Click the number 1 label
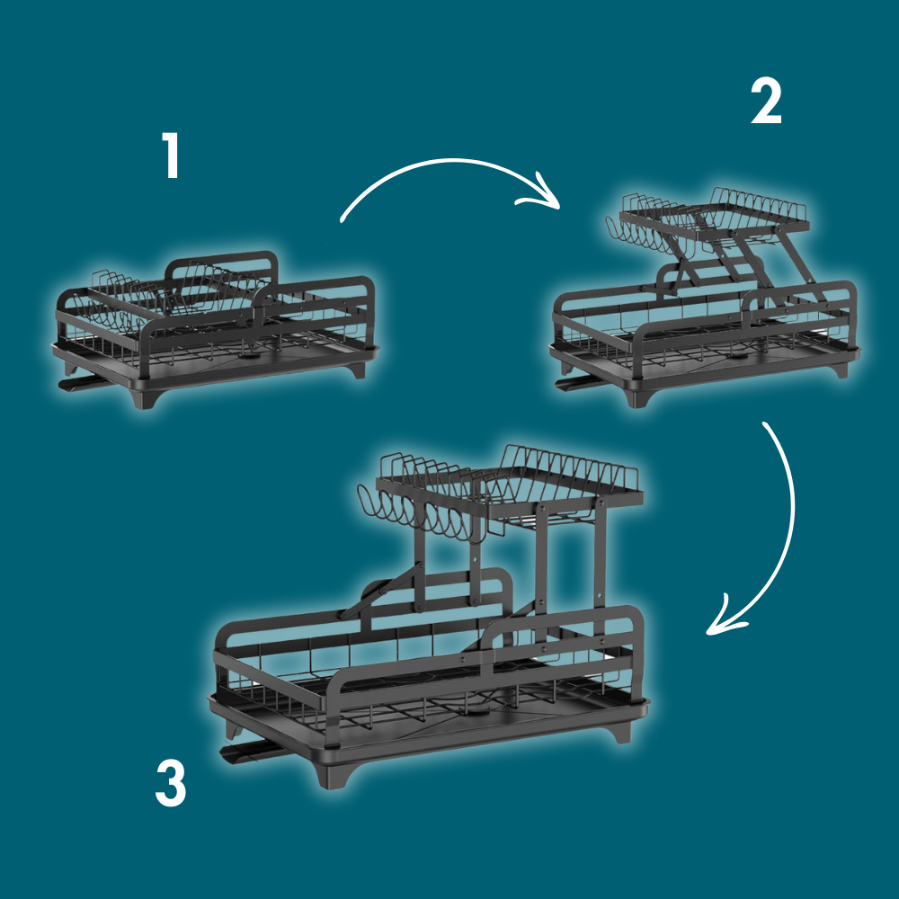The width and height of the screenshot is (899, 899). tap(170, 155)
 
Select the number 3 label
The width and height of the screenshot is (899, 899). tap(171, 783)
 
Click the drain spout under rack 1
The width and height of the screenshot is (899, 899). tap(80, 383)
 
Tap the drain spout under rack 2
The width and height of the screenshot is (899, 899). tap(578, 384)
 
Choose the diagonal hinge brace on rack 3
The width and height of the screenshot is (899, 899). tap(381, 591)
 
